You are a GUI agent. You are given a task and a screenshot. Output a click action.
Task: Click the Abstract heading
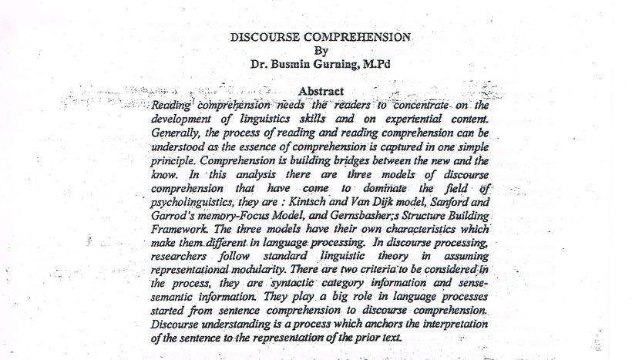coord(321,92)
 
